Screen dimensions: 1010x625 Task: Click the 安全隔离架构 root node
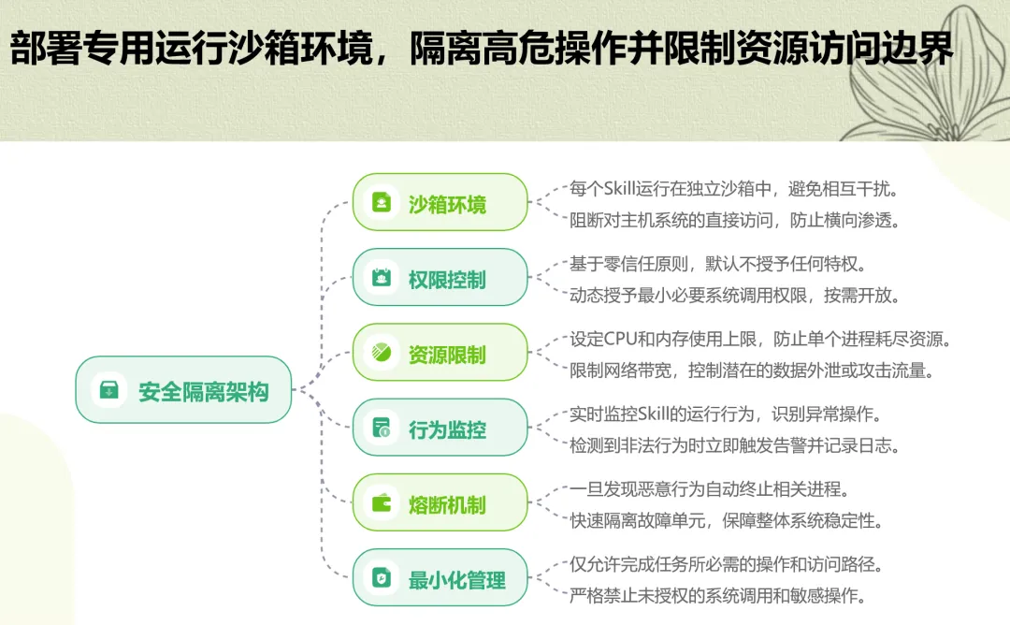(183, 390)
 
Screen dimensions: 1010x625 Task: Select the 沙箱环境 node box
(440, 202)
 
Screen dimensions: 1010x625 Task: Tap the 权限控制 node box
(440, 278)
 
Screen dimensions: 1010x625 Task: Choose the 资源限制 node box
(440, 353)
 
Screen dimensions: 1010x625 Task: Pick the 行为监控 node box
(440, 429)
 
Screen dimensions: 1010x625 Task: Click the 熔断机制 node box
(440, 503)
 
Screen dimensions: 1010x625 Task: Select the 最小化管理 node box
(440, 578)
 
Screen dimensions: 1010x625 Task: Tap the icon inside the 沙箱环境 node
(382, 203)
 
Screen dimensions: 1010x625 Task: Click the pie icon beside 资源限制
(382, 354)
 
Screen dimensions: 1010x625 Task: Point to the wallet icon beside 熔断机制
(382, 504)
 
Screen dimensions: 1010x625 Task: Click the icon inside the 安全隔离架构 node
(110, 390)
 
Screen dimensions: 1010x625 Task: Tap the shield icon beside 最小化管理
(382, 579)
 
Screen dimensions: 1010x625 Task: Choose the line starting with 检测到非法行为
(734, 446)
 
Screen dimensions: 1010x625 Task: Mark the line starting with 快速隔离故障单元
(726, 521)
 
